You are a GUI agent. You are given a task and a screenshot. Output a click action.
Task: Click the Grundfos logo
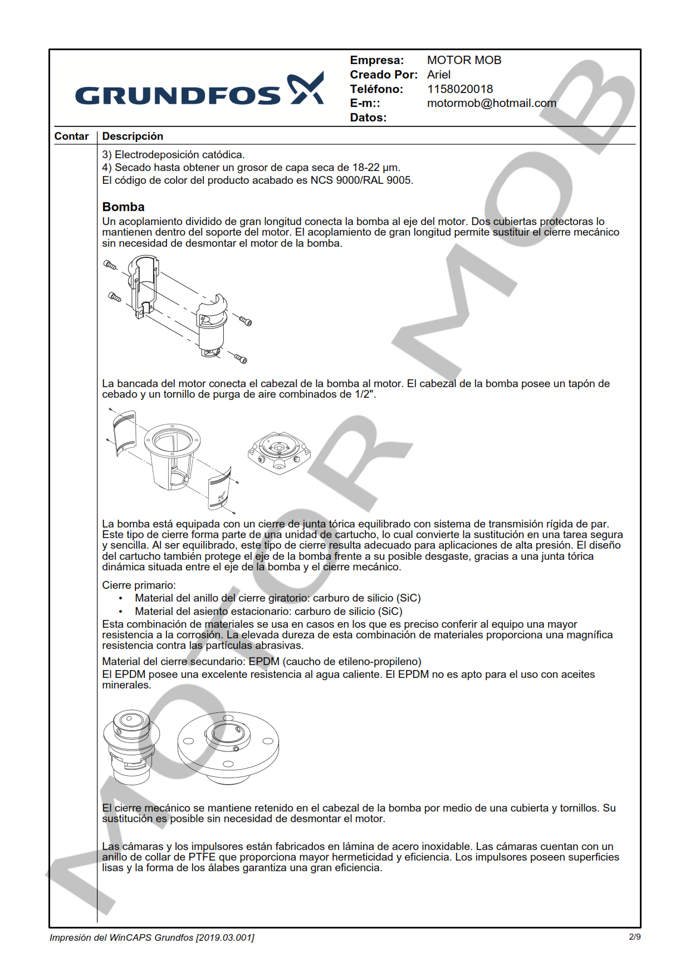pos(199,90)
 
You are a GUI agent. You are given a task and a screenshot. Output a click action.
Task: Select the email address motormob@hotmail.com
pos(491,103)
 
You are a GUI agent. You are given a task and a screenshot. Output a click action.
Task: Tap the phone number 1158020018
pos(459,89)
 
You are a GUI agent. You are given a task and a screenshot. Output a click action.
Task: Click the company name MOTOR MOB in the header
pos(464,60)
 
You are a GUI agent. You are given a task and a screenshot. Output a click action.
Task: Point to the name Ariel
pos(439,75)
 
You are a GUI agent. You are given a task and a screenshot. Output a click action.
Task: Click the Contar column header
pos(71,136)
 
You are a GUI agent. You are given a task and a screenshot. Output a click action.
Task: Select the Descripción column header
pos(133,136)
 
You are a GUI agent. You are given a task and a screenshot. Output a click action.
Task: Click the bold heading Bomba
pos(123,207)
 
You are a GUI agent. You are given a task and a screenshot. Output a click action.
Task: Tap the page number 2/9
pos(634,937)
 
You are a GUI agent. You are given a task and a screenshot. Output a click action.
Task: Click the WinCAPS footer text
pos(151,937)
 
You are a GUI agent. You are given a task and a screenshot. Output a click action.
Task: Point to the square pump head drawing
pos(278,452)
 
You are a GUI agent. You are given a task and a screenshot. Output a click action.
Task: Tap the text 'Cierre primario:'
pos(139,585)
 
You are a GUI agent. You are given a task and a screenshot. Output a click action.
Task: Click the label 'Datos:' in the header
pos(368,118)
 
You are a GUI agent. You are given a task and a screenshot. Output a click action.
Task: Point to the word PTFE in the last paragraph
pos(202,857)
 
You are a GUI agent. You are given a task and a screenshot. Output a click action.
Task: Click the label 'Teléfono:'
pos(376,89)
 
